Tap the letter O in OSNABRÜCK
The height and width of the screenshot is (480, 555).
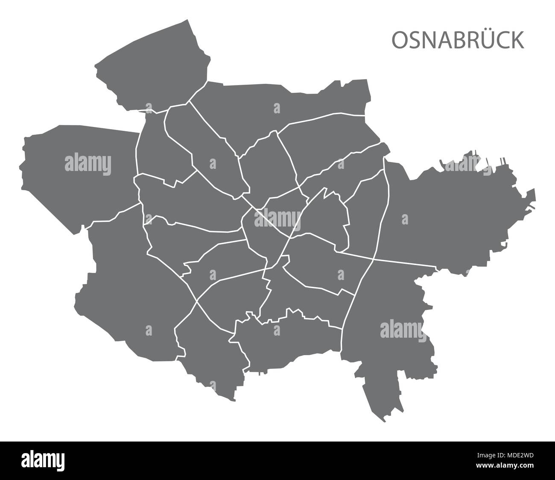400,40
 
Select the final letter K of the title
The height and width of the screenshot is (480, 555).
519,40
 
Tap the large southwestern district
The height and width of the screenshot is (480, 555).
128,291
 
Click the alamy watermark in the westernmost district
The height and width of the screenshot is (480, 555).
88,163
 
